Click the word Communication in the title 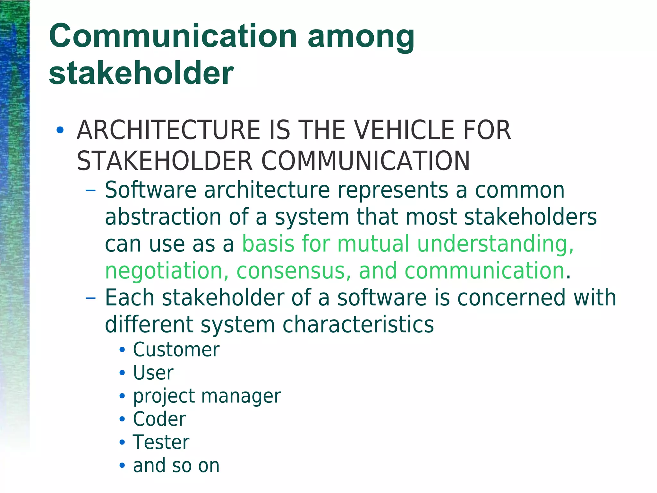pyautogui.click(x=173, y=36)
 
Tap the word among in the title pyautogui.click(x=361, y=38)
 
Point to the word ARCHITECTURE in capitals pyautogui.click(x=168, y=130)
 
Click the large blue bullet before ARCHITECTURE pyautogui.click(x=60, y=130)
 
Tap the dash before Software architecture pyautogui.click(x=91, y=190)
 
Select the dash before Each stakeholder pyautogui.click(x=91, y=298)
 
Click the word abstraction pyautogui.click(x=163, y=217)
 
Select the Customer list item pyautogui.click(x=176, y=349)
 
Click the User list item pyautogui.click(x=153, y=373)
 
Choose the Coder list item pyautogui.click(x=159, y=419)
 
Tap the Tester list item pyautogui.click(x=161, y=442)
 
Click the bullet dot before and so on pyautogui.click(x=122, y=465)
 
